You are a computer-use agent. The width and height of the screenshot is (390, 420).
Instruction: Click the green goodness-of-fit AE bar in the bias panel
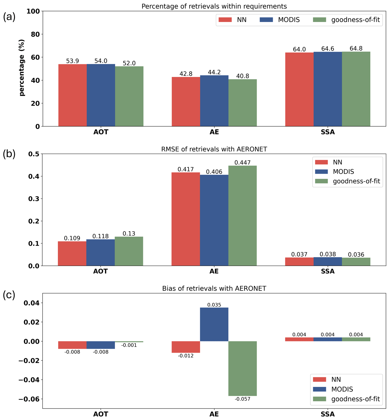tap(242, 368)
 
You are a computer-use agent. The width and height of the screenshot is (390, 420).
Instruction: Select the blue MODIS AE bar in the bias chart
tap(214, 324)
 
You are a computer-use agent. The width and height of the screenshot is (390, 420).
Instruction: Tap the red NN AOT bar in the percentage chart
tap(72, 95)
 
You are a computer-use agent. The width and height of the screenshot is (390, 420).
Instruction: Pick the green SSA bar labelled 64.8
tap(356, 89)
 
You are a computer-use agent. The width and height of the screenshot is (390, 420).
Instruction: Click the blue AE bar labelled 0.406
tap(214, 220)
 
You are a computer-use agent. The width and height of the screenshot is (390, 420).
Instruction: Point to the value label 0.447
tap(242, 163)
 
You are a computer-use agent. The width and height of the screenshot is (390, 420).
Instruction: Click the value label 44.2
tap(214, 72)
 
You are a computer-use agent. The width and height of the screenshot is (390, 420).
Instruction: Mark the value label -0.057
tap(242, 399)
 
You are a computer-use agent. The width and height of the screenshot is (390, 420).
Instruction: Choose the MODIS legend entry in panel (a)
tap(280, 20)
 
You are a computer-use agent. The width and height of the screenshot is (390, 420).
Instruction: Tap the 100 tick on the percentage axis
tap(33, 11)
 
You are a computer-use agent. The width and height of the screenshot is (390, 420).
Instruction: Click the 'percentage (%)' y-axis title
tap(22, 68)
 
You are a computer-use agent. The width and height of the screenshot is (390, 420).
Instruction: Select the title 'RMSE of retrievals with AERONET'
tap(214, 149)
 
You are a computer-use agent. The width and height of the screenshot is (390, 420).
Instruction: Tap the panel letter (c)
tap(9, 295)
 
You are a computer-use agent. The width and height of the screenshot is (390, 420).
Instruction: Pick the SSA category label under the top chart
tap(328, 132)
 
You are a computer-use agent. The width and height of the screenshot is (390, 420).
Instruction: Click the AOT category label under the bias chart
tap(101, 414)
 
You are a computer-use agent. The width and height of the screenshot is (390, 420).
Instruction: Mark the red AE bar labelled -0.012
tap(186, 347)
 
